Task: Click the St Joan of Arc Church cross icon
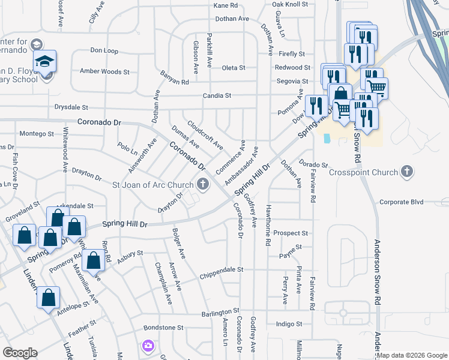pos(203,184)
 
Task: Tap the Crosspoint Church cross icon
pos(407,172)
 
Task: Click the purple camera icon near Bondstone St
pos(148,346)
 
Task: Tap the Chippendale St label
pos(222,269)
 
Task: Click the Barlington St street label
pos(220,313)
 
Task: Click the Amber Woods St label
pos(101,71)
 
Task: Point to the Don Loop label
pos(104,51)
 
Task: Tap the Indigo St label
pos(289,324)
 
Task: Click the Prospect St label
pos(290,233)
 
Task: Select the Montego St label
pos(37,133)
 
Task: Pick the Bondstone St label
pos(163,328)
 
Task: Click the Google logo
pos(20,353)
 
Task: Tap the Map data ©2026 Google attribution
pos(412,355)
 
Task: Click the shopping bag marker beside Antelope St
pos(48,298)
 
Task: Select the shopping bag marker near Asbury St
pos(94,261)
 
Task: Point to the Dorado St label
pos(313,164)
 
